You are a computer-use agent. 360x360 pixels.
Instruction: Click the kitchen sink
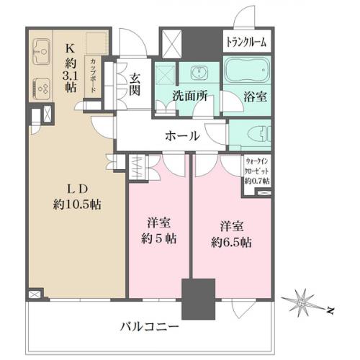(x=41, y=52)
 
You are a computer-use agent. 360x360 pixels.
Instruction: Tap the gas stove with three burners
(x=42, y=89)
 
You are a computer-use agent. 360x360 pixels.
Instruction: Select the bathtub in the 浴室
(x=247, y=70)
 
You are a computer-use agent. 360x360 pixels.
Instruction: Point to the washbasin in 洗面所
(x=199, y=72)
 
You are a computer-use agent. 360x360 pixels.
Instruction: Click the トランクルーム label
(x=246, y=42)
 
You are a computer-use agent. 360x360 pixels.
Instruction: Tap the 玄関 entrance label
(x=135, y=84)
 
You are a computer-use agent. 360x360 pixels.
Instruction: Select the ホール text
(x=182, y=136)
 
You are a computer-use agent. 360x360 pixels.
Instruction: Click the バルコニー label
(x=149, y=326)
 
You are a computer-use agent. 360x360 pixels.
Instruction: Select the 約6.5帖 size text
(x=231, y=243)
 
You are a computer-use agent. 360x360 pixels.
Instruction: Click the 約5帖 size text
(x=159, y=239)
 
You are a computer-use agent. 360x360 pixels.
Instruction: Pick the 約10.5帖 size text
(x=77, y=204)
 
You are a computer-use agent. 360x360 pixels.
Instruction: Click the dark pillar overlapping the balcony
(x=198, y=299)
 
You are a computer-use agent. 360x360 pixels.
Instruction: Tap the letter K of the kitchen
(x=70, y=49)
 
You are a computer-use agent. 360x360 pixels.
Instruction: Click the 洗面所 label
(x=190, y=96)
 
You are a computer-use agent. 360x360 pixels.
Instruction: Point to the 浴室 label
(x=255, y=96)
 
